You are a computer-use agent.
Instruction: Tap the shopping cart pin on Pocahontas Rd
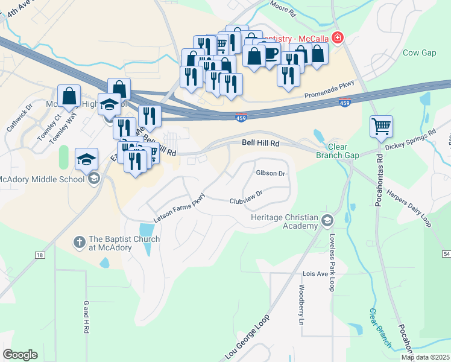tap(381, 127)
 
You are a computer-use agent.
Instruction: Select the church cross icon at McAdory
tap(78, 243)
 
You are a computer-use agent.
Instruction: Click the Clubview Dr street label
tap(246, 197)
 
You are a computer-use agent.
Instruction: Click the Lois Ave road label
tap(314, 273)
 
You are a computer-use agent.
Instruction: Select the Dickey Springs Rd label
tap(410, 139)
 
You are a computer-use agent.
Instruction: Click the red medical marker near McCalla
tap(336, 38)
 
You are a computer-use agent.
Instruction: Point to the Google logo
tap(20, 355)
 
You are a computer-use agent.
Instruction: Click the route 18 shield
tap(39, 256)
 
